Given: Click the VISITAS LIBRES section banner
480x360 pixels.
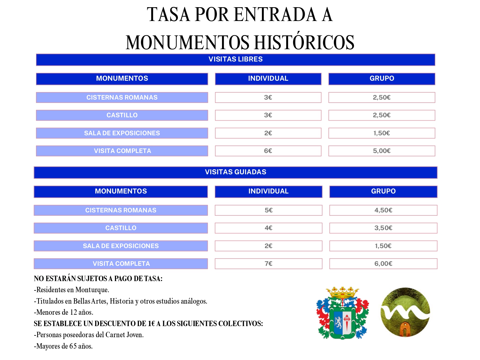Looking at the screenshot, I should (235, 59).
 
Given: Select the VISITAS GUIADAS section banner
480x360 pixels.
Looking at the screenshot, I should (235, 172).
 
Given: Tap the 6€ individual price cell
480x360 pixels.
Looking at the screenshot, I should (268, 151).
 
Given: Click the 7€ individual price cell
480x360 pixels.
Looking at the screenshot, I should (268, 264).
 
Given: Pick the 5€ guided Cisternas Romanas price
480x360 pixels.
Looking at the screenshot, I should (268, 210).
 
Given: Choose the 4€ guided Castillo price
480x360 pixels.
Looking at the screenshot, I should (268, 228).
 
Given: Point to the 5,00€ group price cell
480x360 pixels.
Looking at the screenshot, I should (382, 151).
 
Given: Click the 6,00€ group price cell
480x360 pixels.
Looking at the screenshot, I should (383, 264).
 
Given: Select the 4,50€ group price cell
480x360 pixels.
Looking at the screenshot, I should (383, 210).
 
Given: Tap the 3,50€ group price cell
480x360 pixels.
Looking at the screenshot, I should (383, 228).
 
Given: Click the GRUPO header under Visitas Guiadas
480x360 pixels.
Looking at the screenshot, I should (383, 191).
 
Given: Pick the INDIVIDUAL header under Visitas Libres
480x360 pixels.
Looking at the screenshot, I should (268, 79).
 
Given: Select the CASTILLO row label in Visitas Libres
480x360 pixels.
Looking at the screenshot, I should (122, 115).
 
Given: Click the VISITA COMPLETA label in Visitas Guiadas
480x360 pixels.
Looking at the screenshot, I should (121, 264).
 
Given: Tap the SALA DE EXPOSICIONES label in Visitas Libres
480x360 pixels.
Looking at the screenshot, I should (122, 133).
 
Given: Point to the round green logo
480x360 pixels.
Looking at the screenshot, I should (405, 312).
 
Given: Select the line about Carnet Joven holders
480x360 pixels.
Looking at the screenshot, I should (89, 335).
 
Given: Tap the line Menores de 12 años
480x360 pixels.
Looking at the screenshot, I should (64, 312).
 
